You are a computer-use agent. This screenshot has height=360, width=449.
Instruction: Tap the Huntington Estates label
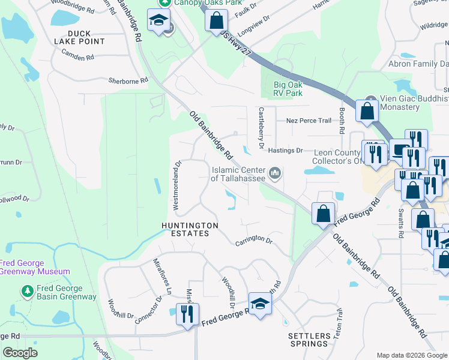pos(189,229)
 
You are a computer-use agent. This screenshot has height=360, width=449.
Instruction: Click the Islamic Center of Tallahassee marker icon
pos(276,174)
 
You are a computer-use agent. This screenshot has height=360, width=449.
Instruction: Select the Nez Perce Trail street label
pos(309,121)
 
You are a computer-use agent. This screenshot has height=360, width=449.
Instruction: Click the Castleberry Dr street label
pos(261,128)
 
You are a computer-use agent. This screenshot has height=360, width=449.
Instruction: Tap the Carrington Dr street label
pos(254,239)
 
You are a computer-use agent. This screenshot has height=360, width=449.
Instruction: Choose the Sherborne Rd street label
pos(128,80)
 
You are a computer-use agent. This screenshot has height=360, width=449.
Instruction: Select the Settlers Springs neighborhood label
pos(309,340)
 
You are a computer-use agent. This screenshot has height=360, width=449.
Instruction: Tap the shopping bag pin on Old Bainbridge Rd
pos(324,214)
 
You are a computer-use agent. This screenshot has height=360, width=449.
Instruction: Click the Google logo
pos(20,353)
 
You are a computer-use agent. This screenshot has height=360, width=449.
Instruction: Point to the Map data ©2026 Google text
pos(411,355)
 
